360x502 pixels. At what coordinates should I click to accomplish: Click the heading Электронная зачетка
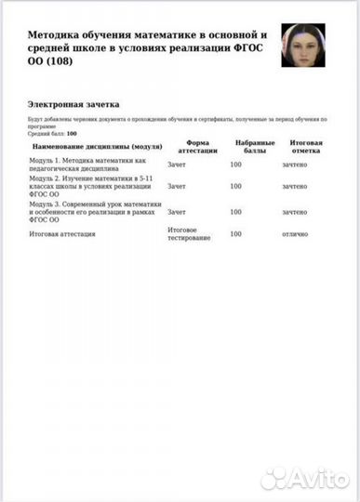(73, 105)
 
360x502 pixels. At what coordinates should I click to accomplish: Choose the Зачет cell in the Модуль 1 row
(176, 164)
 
